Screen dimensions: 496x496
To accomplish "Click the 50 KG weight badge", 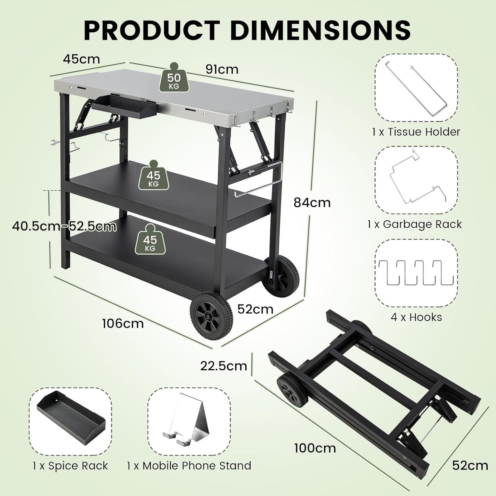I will (x=174, y=79).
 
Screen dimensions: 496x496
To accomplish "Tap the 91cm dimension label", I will (x=222, y=69).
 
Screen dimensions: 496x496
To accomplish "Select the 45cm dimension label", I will (x=81, y=59).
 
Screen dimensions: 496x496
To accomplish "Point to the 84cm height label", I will (x=312, y=203).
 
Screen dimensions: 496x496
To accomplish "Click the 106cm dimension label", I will (x=123, y=323).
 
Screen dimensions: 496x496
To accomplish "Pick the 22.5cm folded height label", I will (x=224, y=366).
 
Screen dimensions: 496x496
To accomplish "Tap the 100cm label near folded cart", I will (x=315, y=448).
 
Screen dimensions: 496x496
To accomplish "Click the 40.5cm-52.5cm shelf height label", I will (x=64, y=226).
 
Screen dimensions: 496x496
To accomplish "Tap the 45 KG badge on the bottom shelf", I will (x=150, y=241).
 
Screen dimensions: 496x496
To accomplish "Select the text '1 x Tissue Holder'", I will (x=416, y=132).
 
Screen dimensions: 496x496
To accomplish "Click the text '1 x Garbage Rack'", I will (x=415, y=224).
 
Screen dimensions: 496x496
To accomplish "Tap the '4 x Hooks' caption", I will (x=416, y=317).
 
